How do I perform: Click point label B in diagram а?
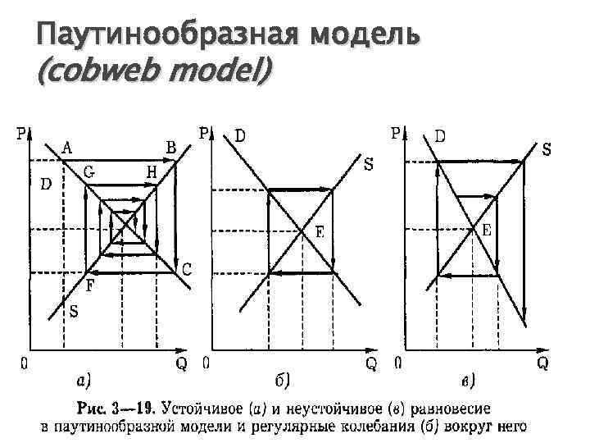(170, 148)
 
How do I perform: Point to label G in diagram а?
(88, 171)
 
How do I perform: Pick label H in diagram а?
(152, 171)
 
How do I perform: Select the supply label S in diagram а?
(74, 312)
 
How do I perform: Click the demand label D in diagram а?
(46, 184)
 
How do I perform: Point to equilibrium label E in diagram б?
(320, 232)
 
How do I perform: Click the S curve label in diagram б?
(369, 165)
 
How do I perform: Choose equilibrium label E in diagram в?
(486, 231)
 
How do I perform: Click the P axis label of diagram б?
(204, 133)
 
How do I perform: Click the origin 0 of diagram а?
(25, 363)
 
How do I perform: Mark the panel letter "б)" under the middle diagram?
(281, 379)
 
